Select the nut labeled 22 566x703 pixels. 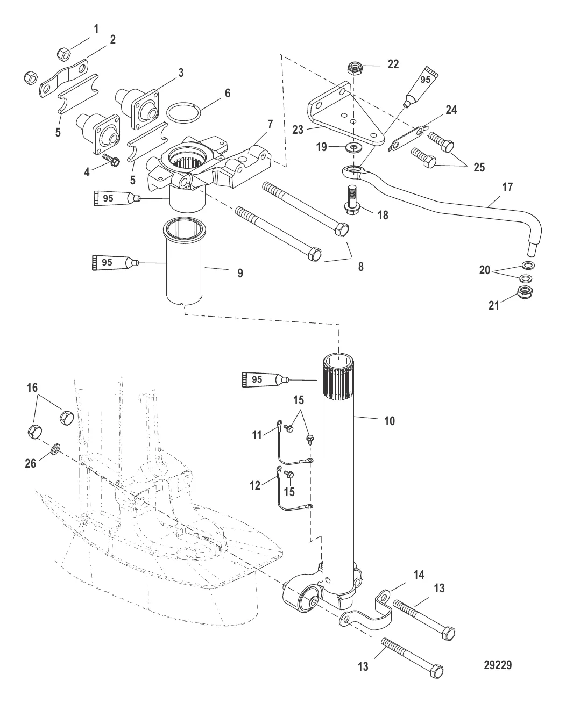pos(354,68)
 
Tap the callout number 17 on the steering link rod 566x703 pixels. pos(507,188)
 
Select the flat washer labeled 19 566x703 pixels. pos(353,147)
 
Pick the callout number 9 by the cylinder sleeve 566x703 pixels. pos(240,273)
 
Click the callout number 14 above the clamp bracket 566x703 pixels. pos(419,575)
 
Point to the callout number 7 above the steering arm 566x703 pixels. pos(270,124)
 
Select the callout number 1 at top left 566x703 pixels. pos(96,29)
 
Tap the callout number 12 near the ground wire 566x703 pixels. pos(255,485)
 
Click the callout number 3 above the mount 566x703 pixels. pos(181,73)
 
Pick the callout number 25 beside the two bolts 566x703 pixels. pos(478,167)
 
